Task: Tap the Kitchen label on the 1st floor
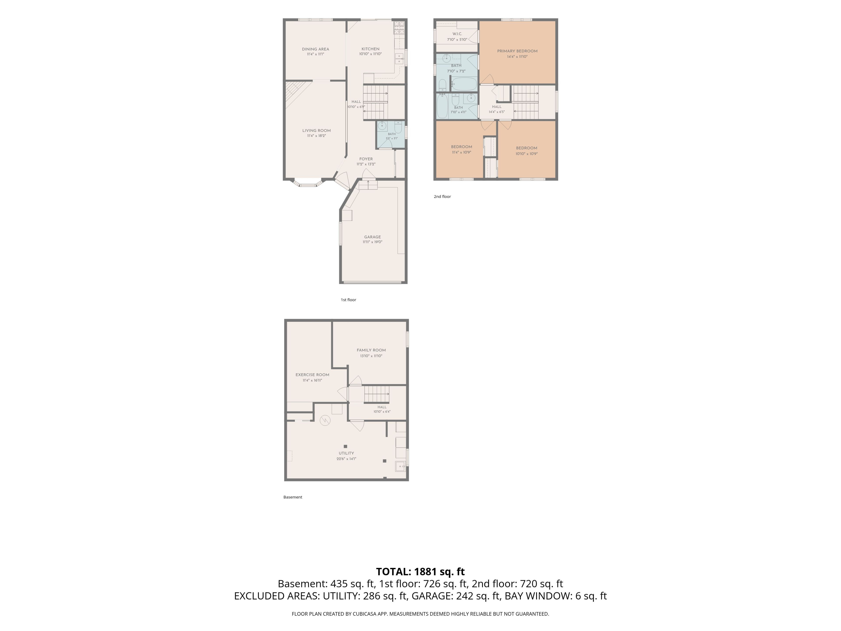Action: (370, 49)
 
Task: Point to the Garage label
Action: (372, 237)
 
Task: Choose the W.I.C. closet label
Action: (457, 34)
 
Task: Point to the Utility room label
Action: (346, 453)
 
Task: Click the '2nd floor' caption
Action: (442, 197)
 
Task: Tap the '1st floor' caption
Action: (348, 300)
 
